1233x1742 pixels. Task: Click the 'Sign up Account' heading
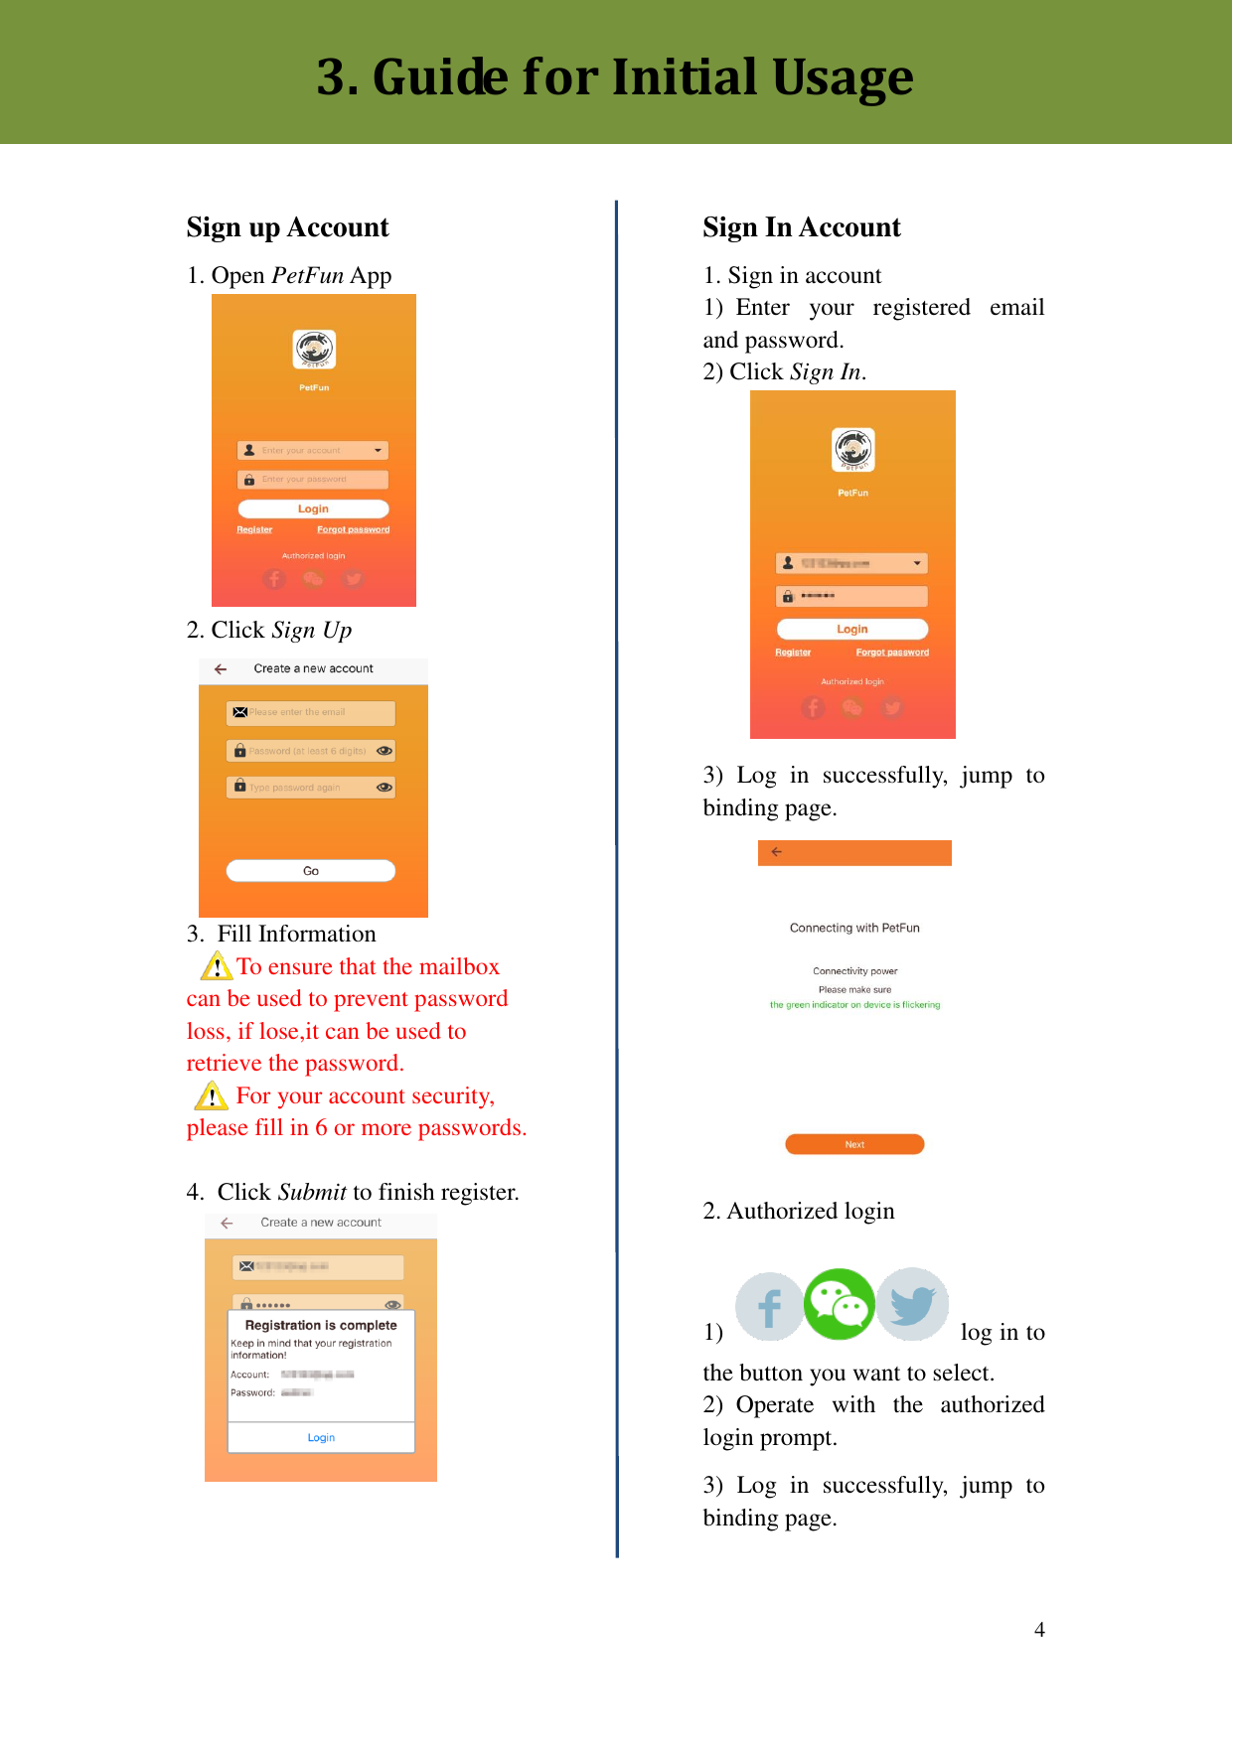pyautogui.click(x=287, y=227)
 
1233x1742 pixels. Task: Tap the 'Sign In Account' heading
pyautogui.click(x=801, y=227)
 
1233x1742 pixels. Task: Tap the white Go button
pyautogui.click(x=311, y=871)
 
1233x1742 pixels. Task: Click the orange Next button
pyautogui.click(x=854, y=1144)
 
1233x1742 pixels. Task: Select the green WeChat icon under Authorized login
pyautogui.click(x=840, y=1304)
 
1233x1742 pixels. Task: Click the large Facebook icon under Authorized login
pyautogui.click(x=769, y=1307)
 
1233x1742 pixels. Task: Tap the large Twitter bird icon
pyautogui.click(x=912, y=1304)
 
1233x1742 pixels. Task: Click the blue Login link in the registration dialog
pyautogui.click(x=321, y=1437)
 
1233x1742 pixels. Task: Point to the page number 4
pyautogui.click(x=1039, y=1630)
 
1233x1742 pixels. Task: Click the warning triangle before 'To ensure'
pyautogui.click(x=217, y=965)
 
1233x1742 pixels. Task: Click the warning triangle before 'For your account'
pyautogui.click(x=212, y=1095)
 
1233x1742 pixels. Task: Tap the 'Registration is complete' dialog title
pyautogui.click(x=321, y=1325)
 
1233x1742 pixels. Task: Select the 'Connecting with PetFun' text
pyautogui.click(x=854, y=928)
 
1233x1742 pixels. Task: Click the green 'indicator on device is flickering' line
pyautogui.click(x=854, y=1005)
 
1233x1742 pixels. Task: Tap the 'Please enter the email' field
pyautogui.click(x=311, y=712)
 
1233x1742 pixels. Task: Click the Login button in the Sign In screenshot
pyautogui.click(x=852, y=629)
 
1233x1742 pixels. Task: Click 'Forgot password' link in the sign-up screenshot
pyautogui.click(x=353, y=529)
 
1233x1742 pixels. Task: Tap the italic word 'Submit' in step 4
pyautogui.click(x=312, y=1192)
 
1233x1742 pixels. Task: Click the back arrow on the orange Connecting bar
pyautogui.click(x=777, y=852)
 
